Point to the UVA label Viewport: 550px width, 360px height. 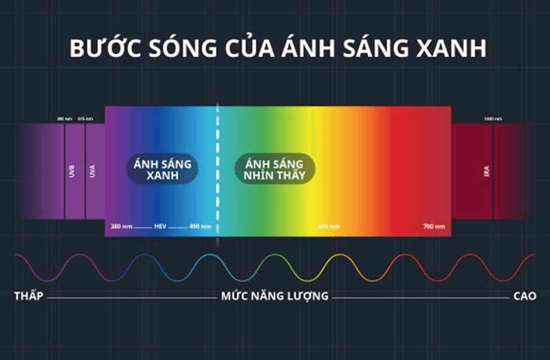tap(93, 170)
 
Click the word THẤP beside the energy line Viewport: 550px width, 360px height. tap(28, 297)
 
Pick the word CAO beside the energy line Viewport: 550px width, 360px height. tap(525, 297)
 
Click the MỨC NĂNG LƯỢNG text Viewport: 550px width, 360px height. tap(274, 297)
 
